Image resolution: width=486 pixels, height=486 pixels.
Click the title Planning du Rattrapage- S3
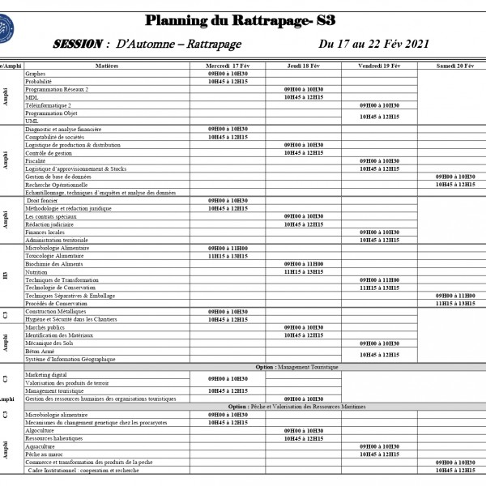click(241, 20)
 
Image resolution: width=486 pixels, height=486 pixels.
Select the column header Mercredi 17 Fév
click(228, 64)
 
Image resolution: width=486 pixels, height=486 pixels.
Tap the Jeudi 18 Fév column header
click(304, 64)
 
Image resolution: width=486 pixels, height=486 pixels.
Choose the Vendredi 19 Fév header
click(379, 64)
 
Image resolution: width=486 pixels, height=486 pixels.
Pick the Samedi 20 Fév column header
click(455, 64)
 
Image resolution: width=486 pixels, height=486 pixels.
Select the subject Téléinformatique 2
click(48, 105)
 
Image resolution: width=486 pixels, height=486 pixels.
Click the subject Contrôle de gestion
click(49, 152)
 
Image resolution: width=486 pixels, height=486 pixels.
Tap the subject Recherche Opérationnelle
click(56, 185)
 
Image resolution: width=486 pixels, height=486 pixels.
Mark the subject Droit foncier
click(44, 200)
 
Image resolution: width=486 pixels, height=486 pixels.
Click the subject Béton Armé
click(41, 351)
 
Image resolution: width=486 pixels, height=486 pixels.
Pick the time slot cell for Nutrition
click(304, 271)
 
